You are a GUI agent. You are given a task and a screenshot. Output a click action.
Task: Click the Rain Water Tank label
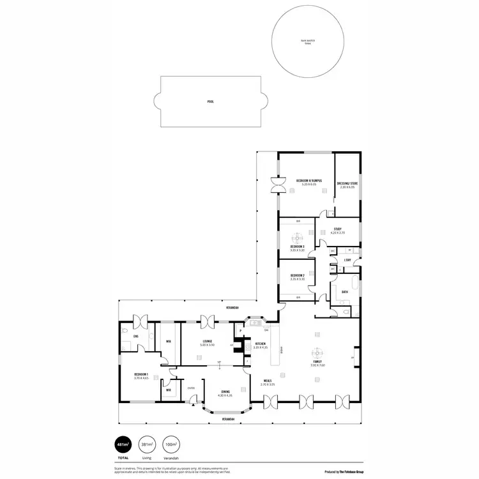click(308, 42)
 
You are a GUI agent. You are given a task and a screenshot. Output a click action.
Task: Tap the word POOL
click(211, 102)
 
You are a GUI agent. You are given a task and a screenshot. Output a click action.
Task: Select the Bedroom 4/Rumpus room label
click(308, 181)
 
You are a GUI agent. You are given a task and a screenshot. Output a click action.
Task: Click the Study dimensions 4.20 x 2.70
click(338, 233)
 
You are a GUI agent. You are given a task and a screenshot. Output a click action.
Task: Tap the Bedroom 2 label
click(297, 276)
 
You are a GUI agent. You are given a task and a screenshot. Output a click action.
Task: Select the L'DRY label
click(347, 260)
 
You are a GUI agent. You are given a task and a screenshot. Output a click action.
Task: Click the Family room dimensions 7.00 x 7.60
click(318, 365)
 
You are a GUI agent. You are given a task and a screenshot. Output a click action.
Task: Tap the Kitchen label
click(259, 344)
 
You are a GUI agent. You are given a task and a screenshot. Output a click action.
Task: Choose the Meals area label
click(267, 381)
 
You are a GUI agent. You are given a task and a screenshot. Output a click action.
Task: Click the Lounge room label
click(208, 341)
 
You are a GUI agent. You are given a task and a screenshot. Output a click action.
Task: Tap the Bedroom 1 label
click(141, 374)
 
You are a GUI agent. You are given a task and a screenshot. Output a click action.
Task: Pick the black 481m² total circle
click(121, 445)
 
